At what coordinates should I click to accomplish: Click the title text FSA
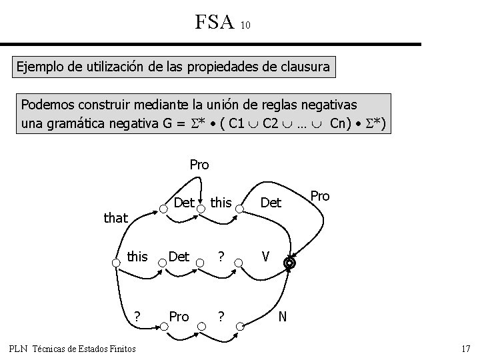(x=215, y=22)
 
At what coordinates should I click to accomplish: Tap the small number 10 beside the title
(x=245, y=25)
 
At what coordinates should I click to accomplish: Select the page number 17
(x=465, y=349)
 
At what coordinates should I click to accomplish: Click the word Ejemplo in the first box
(x=40, y=67)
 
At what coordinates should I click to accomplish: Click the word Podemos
(x=47, y=105)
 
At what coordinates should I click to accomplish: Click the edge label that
(x=115, y=217)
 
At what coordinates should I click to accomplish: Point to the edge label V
(x=265, y=255)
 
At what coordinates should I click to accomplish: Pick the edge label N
(x=283, y=315)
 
